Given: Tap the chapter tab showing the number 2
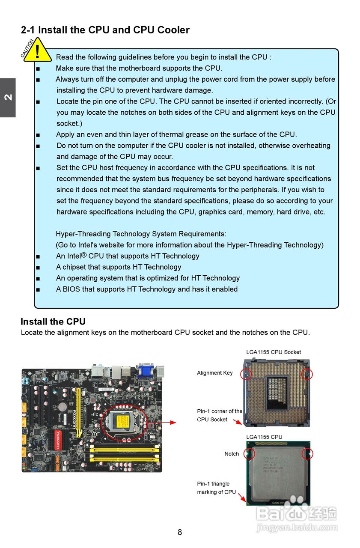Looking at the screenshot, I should tap(8, 98).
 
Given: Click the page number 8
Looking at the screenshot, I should tap(180, 532).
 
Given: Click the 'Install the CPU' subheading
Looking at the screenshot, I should tap(53, 322).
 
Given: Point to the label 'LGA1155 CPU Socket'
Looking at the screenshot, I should tap(274, 352).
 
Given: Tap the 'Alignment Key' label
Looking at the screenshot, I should tap(214, 373).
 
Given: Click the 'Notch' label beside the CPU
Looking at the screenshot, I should tap(232, 454).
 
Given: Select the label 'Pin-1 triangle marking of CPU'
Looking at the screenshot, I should tap(216, 488).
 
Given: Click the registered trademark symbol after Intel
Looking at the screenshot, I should tap(84, 255).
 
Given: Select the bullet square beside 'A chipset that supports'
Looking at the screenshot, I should tap(38, 267).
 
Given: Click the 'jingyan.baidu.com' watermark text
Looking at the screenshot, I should tap(297, 528).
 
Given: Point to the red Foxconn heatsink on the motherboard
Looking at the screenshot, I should tap(57, 440).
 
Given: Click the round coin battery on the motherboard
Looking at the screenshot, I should tap(62, 406).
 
